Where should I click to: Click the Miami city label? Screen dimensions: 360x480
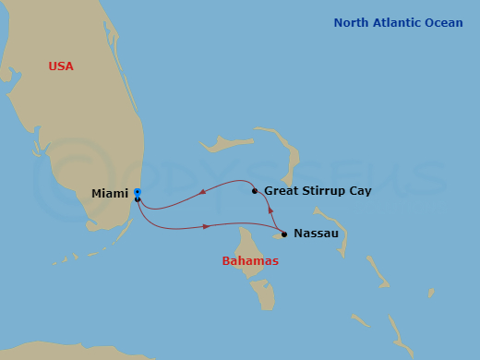(x=110, y=193)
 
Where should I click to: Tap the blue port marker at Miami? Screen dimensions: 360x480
(x=137, y=192)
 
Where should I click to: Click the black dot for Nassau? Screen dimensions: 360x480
(x=284, y=234)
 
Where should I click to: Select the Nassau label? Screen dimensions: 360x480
(x=316, y=234)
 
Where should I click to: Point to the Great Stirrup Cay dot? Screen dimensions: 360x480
(x=255, y=191)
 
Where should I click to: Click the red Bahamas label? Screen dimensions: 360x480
(x=250, y=261)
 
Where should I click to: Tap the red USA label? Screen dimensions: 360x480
(x=61, y=66)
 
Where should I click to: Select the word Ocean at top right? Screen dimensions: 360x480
(x=444, y=22)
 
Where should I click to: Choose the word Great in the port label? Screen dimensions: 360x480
(x=281, y=191)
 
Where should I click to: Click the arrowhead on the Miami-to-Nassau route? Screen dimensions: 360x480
(x=207, y=226)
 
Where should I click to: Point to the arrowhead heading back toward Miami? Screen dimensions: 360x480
(x=202, y=193)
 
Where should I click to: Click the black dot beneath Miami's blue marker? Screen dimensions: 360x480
(x=138, y=198)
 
